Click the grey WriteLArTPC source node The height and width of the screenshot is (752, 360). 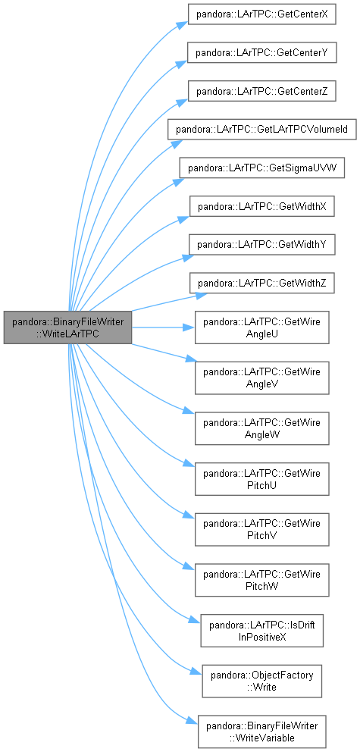click(67, 327)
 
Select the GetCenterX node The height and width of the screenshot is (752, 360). click(261, 15)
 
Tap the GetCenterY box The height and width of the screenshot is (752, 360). click(261, 52)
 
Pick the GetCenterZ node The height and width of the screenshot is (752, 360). click(261, 91)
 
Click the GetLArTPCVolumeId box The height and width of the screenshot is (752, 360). click(261, 130)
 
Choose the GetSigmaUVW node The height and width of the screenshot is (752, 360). click(261, 168)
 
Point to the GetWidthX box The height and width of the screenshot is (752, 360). click(261, 207)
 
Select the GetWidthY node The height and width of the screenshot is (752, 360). click(261, 245)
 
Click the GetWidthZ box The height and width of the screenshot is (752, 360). click(261, 284)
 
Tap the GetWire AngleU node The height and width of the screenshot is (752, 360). click(261, 327)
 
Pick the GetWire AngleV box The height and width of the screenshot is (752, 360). click(261, 378)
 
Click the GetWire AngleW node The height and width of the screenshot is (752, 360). click(261, 428)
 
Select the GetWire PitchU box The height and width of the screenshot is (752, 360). click(261, 478)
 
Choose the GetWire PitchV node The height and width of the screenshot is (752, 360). click(261, 529)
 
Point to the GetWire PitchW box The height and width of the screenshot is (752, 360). click(261, 580)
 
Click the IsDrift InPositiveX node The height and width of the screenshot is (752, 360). click(261, 631)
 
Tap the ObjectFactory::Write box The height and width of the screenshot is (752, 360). click(261, 681)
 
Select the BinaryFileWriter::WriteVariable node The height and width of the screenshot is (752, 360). click(261, 732)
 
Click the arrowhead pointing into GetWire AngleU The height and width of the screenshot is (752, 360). click(189, 327)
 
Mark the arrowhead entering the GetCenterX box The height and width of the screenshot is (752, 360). click(182, 24)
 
